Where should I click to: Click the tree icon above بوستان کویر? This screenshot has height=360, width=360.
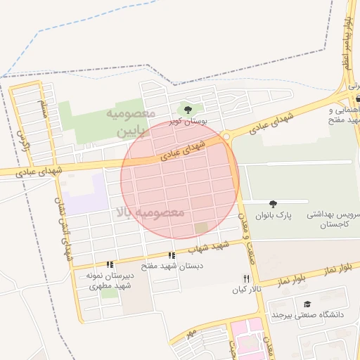click(187, 109)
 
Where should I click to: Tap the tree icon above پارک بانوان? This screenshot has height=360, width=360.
click(273, 204)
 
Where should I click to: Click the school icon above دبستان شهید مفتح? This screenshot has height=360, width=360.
click(171, 255)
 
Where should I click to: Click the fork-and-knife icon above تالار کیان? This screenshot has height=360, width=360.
click(245, 278)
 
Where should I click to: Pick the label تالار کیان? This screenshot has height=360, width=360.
click(248, 290)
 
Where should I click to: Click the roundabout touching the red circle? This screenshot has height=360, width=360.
click(225, 137)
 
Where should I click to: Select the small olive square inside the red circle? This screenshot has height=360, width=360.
click(202, 228)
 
